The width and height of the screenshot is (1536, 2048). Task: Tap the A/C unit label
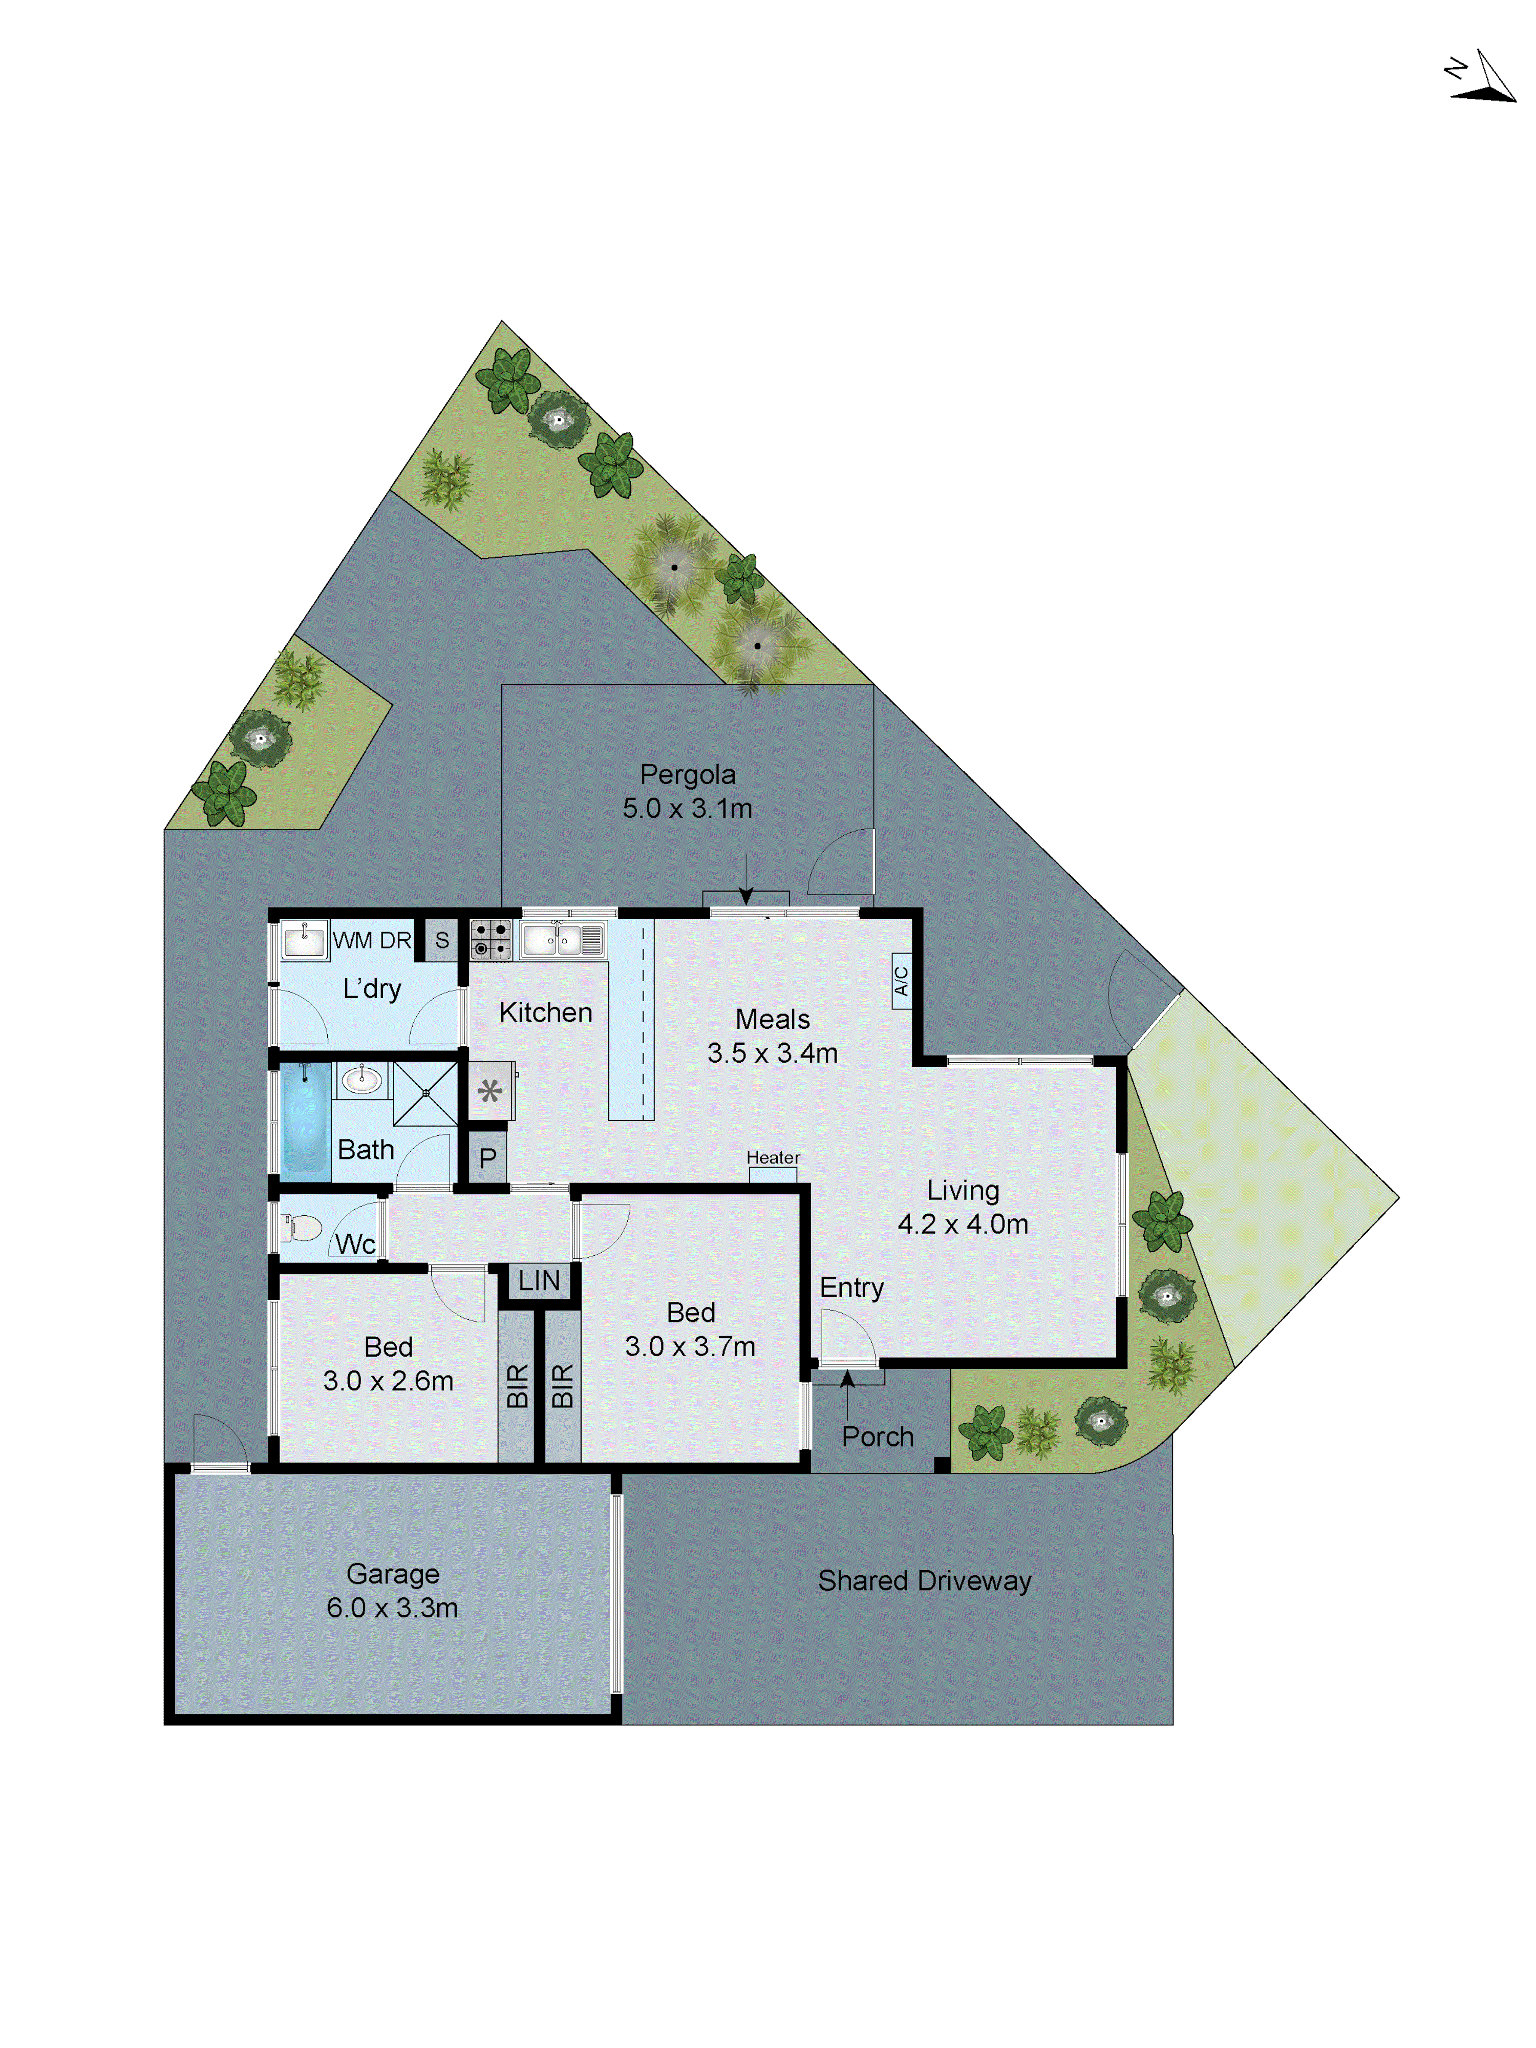(x=901, y=981)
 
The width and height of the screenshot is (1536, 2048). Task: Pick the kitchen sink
(x=562, y=940)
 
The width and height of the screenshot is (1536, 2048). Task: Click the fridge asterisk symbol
(x=490, y=1091)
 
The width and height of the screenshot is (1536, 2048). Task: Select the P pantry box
(x=487, y=1157)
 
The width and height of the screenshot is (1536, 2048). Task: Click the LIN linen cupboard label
(x=539, y=1280)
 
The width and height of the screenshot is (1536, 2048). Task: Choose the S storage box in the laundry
(x=442, y=940)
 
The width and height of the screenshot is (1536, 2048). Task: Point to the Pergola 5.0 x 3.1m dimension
(x=687, y=808)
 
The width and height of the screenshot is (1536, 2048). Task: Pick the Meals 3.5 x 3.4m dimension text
(x=772, y=1053)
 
